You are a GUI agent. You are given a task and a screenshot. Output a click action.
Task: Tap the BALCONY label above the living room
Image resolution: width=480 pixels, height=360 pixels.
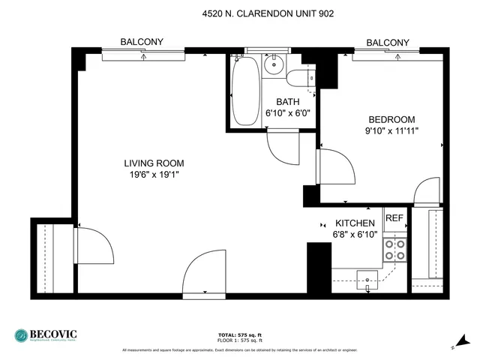pos(142,42)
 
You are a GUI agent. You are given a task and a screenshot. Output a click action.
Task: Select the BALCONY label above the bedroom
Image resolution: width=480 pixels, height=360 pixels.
pos(388,43)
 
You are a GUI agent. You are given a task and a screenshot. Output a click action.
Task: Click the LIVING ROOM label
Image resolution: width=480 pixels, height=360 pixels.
pos(154,163)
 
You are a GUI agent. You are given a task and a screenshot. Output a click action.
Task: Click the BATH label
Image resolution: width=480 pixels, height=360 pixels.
pos(288,102)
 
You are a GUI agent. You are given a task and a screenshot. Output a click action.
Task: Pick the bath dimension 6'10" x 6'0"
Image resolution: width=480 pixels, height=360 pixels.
pos(288,113)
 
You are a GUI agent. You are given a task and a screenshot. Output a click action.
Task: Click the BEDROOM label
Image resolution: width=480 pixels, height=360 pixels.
pos(391,119)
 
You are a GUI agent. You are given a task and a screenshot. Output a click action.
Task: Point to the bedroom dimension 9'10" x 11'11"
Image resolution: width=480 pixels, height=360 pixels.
pos(391,130)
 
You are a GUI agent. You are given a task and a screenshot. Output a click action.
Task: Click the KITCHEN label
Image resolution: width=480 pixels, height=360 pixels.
pos(355,223)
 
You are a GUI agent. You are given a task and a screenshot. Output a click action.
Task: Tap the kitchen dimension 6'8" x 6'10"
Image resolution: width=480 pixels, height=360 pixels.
pos(355,235)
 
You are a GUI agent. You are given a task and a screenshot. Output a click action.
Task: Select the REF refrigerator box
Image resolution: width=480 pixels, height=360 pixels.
pos(394,218)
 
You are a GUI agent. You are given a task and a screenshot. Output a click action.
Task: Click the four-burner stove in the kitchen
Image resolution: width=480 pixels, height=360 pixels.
pos(394,250)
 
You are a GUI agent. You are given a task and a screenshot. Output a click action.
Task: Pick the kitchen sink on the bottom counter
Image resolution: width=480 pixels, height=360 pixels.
pos(367,279)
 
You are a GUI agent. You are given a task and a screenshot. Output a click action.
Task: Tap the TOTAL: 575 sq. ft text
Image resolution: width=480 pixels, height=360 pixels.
pos(239,334)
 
